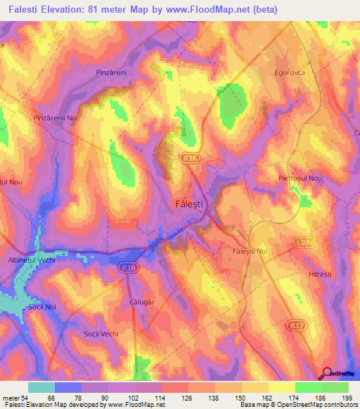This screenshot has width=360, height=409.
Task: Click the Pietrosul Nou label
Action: (300, 178)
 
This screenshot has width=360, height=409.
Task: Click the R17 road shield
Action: (296, 326)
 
